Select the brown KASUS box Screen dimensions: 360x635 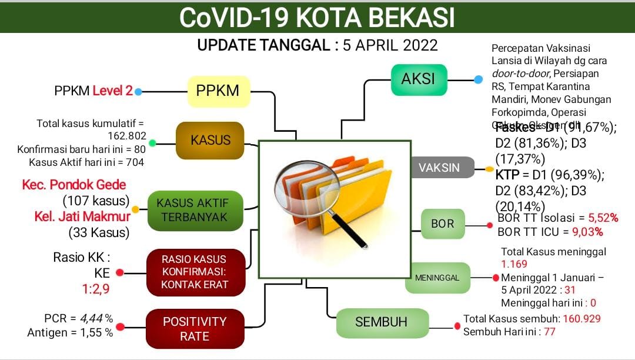(x=210, y=141)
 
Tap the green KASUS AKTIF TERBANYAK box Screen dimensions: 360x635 (x=195, y=211)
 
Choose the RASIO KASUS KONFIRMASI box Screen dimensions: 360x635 (x=194, y=272)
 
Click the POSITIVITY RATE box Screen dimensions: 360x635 (x=194, y=329)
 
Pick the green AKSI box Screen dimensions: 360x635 (x=419, y=79)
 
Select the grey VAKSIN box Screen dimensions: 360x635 (x=439, y=168)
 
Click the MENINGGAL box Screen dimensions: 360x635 (x=438, y=278)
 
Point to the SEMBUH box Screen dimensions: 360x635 (x=380, y=322)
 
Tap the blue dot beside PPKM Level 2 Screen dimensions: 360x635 (x=138, y=92)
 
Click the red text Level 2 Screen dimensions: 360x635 (x=112, y=91)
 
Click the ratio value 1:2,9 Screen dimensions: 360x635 (x=95, y=289)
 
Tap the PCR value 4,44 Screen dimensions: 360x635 (x=91, y=318)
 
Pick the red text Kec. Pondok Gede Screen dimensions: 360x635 (x=74, y=185)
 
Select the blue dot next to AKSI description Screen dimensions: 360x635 (x=478, y=79)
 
